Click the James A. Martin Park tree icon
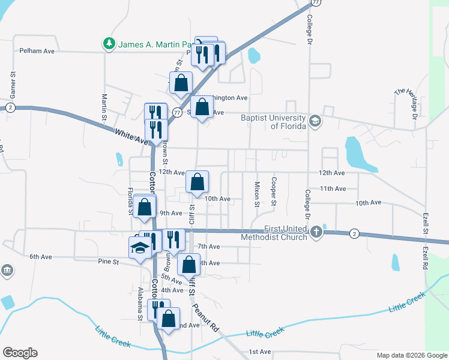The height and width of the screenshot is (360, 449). pyautogui.click(x=109, y=44)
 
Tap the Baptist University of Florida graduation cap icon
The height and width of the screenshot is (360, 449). pyautogui.click(x=315, y=122)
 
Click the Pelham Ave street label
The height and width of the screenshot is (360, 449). pyautogui.click(x=37, y=51)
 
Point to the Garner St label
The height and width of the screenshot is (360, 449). pyautogui.click(x=11, y=86)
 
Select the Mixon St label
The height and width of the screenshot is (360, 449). pyautogui.click(x=257, y=193)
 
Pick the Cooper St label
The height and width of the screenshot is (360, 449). pyautogui.click(x=274, y=190)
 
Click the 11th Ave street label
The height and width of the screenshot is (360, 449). pyautogui.click(x=333, y=188)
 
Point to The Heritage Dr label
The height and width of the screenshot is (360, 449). pyautogui.click(x=406, y=102)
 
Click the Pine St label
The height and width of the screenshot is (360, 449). pyautogui.click(x=109, y=262)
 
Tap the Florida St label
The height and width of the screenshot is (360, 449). pyautogui.click(x=130, y=201)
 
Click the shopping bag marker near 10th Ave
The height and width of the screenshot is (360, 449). pyautogui.click(x=197, y=182)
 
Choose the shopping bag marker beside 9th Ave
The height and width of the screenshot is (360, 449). pyautogui.click(x=145, y=208)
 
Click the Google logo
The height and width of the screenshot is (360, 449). pyautogui.click(x=20, y=353)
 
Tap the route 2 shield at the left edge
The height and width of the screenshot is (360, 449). pyautogui.click(x=10, y=107)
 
